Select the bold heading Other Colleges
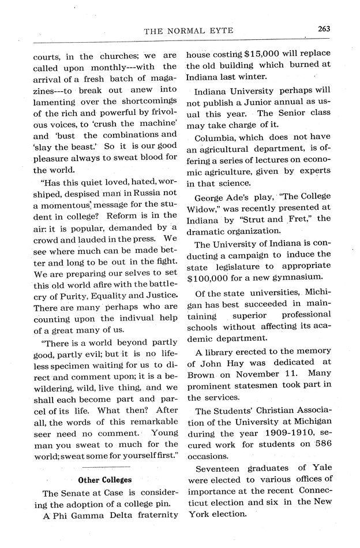pos(105,479)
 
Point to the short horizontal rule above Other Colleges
pos(105,465)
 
